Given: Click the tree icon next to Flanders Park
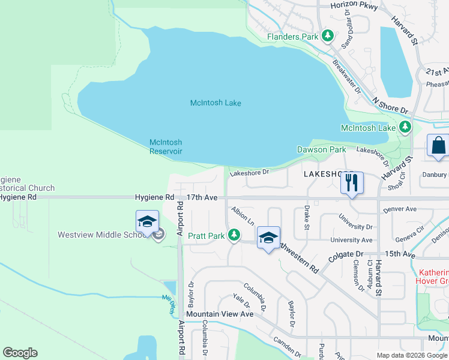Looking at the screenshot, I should tap(328, 37).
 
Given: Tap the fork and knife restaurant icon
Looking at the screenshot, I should tap(352, 182).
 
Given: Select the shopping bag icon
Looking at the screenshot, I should tap(438, 146).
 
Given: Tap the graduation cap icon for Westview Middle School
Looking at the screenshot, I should tap(147, 223).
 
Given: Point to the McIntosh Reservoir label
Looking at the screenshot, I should tap(166, 147).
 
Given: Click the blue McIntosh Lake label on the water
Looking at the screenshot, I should tap(215, 103).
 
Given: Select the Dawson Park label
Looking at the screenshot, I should tap(321, 149).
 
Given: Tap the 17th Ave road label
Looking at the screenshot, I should tap(201, 197).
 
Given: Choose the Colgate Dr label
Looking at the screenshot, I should tap(346, 258).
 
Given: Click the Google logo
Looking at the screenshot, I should tap(20, 353).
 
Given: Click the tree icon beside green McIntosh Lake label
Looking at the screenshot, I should tap(406, 127).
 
